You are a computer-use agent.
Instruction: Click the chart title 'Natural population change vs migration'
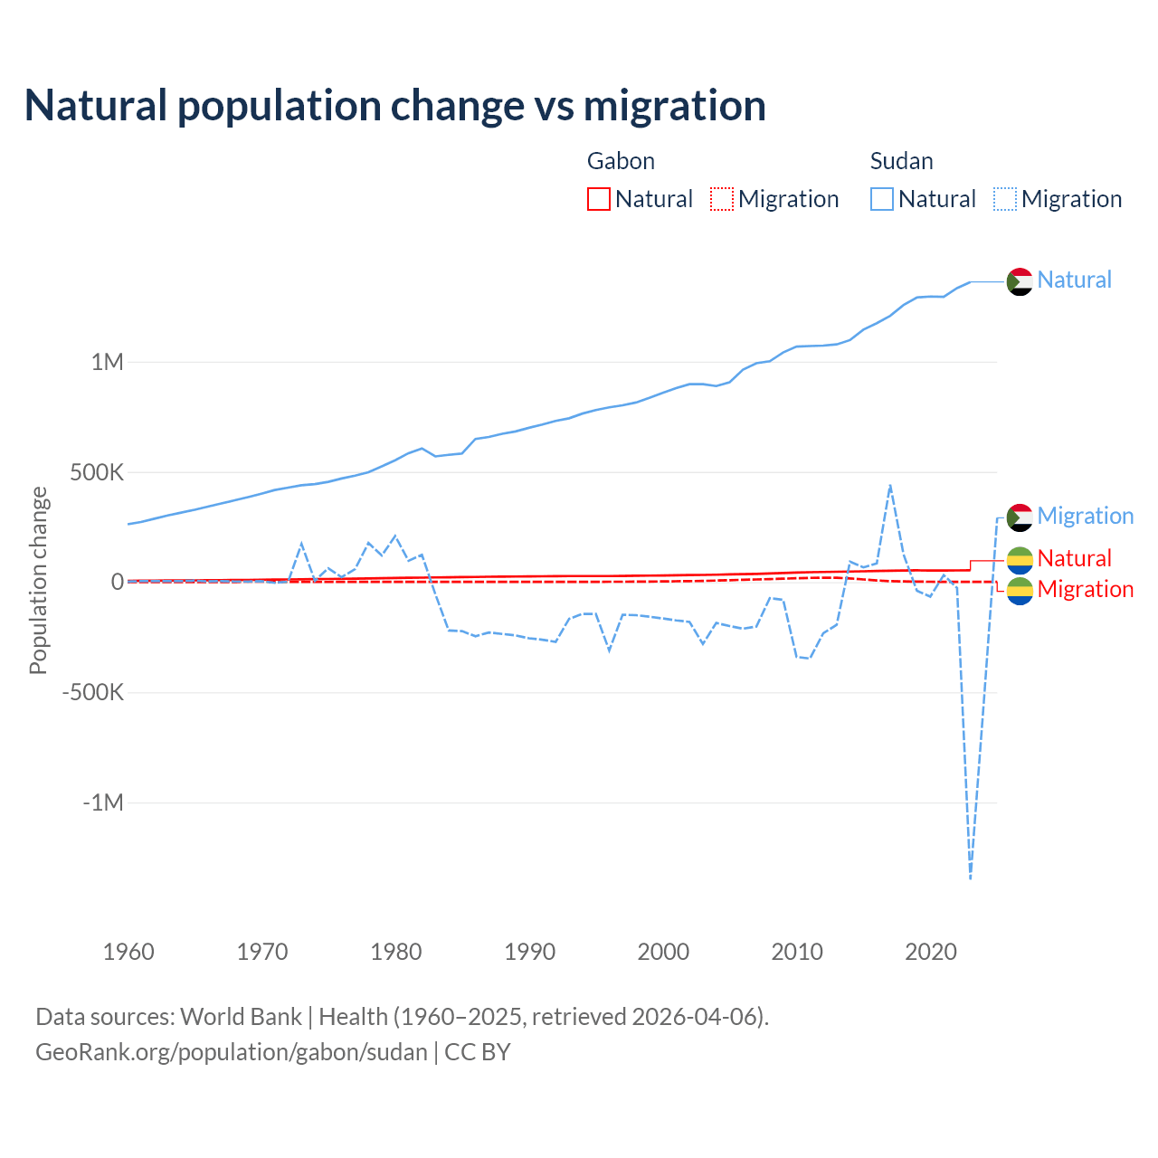coord(395,105)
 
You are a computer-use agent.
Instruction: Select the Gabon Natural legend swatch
coord(598,199)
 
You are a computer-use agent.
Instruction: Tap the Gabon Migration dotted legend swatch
coord(721,199)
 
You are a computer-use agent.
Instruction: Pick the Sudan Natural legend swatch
coord(881,199)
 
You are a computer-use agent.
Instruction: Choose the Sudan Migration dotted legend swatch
coord(1004,199)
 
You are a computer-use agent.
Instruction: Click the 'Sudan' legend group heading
coord(901,161)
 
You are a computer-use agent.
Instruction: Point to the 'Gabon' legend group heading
coord(621,161)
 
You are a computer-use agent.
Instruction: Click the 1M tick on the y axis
coord(107,362)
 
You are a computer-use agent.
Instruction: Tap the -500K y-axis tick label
coord(92,693)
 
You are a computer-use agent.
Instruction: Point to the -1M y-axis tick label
coord(102,803)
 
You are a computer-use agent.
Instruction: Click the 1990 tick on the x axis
coord(530,952)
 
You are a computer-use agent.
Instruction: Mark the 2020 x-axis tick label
coord(931,952)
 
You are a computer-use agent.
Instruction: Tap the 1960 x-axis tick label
coord(128,952)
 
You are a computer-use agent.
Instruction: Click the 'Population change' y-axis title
coord(38,581)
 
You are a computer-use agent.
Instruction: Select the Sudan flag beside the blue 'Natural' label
coord(1020,281)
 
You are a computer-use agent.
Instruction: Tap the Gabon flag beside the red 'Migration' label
coord(1020,591)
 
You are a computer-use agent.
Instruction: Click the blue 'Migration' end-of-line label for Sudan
coord(1085,516)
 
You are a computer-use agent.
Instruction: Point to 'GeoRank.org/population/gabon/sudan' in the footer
coord(231,1052)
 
